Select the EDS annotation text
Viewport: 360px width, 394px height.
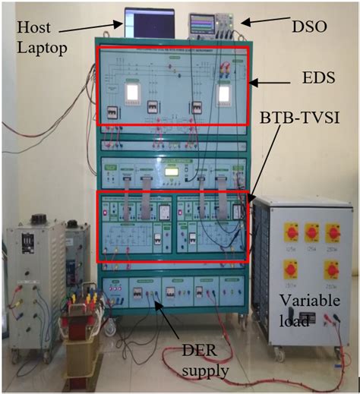(x=309, y=77)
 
